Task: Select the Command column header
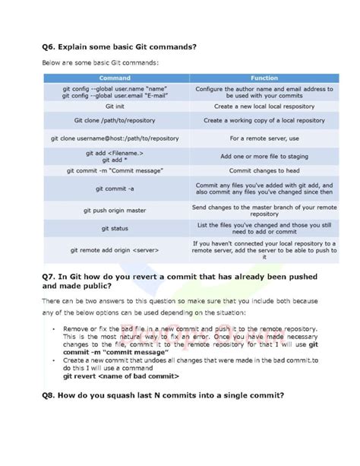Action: [x=115, y=78]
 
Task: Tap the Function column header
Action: [x=264, y=78]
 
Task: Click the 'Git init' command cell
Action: [x=115, y=106]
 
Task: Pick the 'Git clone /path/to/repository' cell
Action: [x=115, y=120]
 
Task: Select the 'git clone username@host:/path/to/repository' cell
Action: [x=115, y=139]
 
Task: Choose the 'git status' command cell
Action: [x=115, y=228]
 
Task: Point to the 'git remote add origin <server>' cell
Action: [x=115, y=249]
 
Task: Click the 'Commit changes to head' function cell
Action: [x=264, y=171]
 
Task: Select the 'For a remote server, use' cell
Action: [x=264, y=139]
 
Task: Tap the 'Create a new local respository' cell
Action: [x=264, y=106]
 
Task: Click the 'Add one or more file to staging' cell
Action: [x=264, y=156]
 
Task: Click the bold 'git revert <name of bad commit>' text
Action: [x=121, y=376]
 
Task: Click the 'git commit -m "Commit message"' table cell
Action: [x=115, y=171]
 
